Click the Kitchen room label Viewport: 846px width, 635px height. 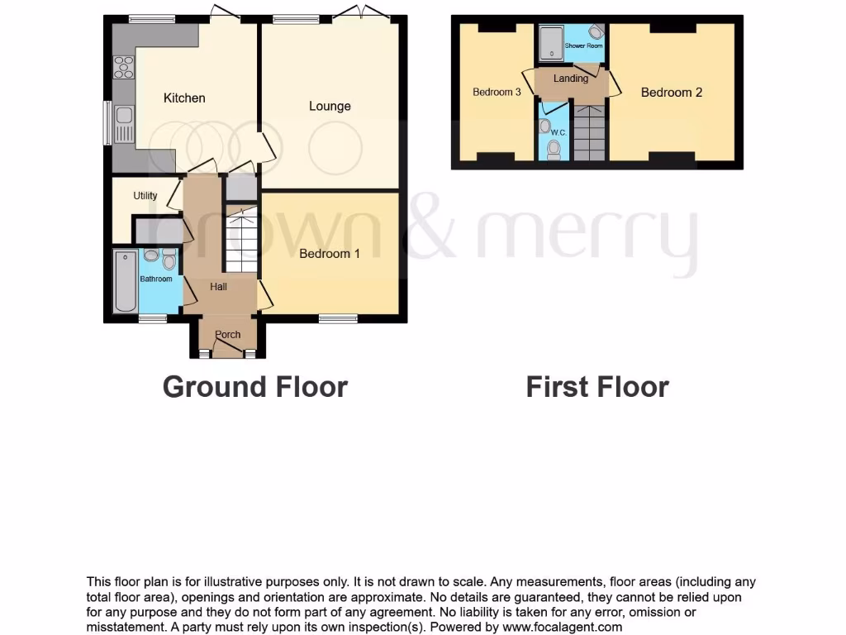pos(184,98)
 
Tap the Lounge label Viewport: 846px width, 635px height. pos(330,106)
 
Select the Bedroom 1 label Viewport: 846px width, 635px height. pos(329,254)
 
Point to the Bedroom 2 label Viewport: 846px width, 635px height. pos(672,93)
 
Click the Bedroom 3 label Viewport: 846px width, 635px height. pos(497,93)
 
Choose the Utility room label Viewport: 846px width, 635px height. pos(145,197)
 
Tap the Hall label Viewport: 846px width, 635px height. pos(219,287)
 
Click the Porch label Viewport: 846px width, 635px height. pos(227,335)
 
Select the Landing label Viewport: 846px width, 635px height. pos(571,79)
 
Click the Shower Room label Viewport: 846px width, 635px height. pos(583,46)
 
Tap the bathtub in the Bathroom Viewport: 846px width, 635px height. pos(126,282)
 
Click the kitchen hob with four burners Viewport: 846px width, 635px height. pos(124,67)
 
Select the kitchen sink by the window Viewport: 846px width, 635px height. pos(124,124)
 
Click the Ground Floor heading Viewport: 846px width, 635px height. pos(254,387)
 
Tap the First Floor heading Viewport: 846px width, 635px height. pos(597,387)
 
